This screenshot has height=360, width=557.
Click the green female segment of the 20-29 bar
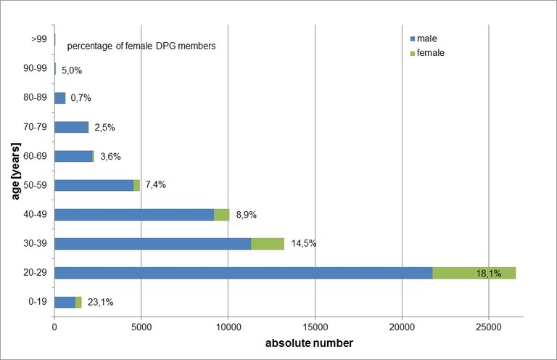tap(474, 273)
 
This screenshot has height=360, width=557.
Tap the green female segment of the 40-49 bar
tap(222, 214)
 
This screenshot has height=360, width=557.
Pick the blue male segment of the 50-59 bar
tap(94, 185)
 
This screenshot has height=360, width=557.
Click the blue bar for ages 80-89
tap(59, 98)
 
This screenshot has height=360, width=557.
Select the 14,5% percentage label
tap(304, 244)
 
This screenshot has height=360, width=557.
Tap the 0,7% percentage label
tap(81, 98)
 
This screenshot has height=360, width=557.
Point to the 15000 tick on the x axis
tap(315, 327)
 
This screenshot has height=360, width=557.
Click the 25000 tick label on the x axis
tap(488, 327)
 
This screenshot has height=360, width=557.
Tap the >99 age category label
tap(39, 39)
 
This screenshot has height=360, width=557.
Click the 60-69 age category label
tap(36, 156)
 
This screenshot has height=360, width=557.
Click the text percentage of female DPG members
tap(141, 46)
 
